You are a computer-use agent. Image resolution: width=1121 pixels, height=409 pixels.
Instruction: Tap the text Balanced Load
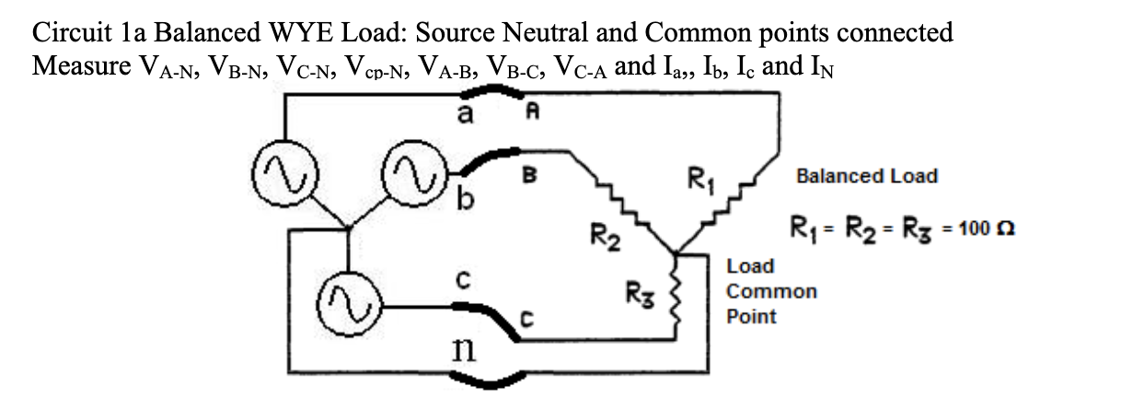click(x=867, y=175)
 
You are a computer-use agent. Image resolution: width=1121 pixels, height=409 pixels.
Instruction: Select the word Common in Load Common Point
click(x=771, y=292)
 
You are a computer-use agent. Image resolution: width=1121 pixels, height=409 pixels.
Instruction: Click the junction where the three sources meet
click(x=347, y=227)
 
